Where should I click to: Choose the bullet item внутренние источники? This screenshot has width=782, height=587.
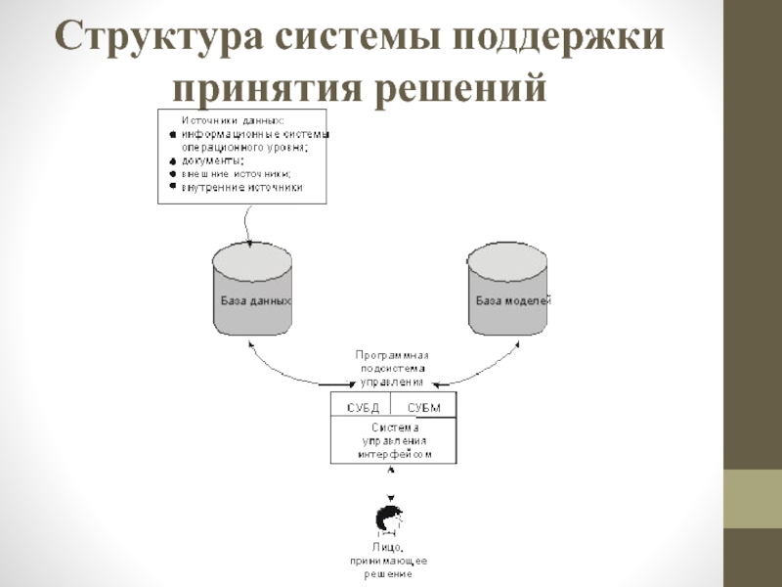241,187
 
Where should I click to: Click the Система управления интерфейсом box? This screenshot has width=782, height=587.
394,441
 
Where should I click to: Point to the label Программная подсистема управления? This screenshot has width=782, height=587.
392,369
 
